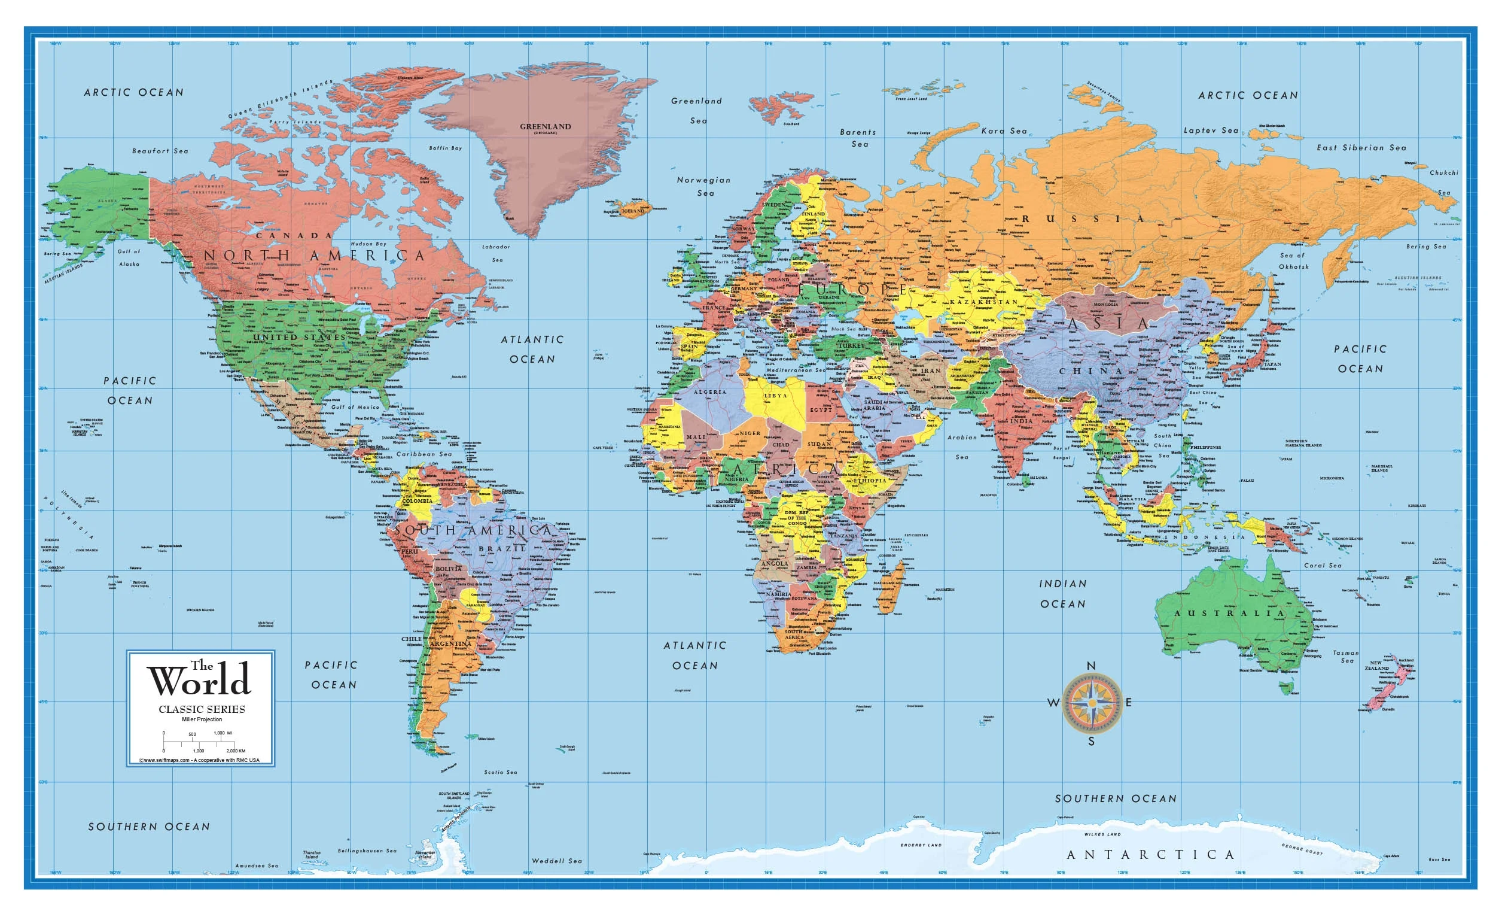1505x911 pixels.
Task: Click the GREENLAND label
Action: pyautogui.click(x=545, y=126)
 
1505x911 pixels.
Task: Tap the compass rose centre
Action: pyautogui.click(x=1092, y=703)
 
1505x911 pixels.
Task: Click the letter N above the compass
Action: pyautogui.click(x=1091, y=666)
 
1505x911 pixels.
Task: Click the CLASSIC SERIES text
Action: pyautogui.click(x=202, y=709)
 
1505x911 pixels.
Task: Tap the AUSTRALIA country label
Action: pyautogui.click(x=1229, y=613)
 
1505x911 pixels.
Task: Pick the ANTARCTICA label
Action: pyautogui.click(x=1151, y=855)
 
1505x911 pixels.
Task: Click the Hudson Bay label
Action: pyautogui.click(x=368, y=244)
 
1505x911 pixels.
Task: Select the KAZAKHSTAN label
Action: pyautogui.click(x=983, y=302)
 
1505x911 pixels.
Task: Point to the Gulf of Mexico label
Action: pyautogui.click(x=355, y=407)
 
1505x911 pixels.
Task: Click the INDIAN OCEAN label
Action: pyautogui.click(x=1063, y=593)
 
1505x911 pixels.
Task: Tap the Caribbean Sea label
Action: pyautogui.click(x=424, y=454)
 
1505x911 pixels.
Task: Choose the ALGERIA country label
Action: pyautogui.click(x=711, y=391)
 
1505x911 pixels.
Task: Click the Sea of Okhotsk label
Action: pyautogui.click(x=1294, y=261)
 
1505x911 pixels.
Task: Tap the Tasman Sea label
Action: pyautogui.click(x=1346, y=656)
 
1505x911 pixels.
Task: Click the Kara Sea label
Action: pyautogui.click(x=1004, y=130)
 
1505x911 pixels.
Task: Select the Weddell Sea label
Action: pyautogui.click(x=556, y=861)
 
